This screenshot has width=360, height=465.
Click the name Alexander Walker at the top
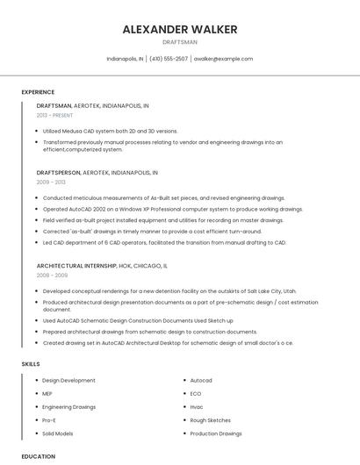point(180,29)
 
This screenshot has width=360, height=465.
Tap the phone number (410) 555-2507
point(169,59)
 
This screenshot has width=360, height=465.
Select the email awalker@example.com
point(223,59)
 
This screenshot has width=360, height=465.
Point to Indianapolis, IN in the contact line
point(125,59)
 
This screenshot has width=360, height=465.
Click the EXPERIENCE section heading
point(38,92)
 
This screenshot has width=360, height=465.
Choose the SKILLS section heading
point(31,363)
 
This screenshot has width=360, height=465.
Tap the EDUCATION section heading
point(39,456)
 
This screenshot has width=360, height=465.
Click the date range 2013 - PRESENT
point(54,115)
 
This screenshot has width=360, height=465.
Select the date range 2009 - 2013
point(51,182)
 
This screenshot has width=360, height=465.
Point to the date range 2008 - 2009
point(51,275)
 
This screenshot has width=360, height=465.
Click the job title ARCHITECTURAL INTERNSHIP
point(76,265)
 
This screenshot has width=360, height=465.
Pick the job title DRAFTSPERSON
point(59,173)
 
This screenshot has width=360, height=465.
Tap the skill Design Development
point(68,381)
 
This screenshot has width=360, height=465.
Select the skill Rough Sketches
point(211,420)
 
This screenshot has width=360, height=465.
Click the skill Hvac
point(197,407)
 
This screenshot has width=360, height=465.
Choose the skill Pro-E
point(49,420)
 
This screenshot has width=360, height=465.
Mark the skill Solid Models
point(58,433)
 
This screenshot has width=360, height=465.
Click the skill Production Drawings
point(216,433)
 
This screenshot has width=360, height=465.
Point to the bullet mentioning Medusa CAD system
point(110,131)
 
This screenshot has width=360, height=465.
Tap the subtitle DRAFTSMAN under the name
point(180,42)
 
